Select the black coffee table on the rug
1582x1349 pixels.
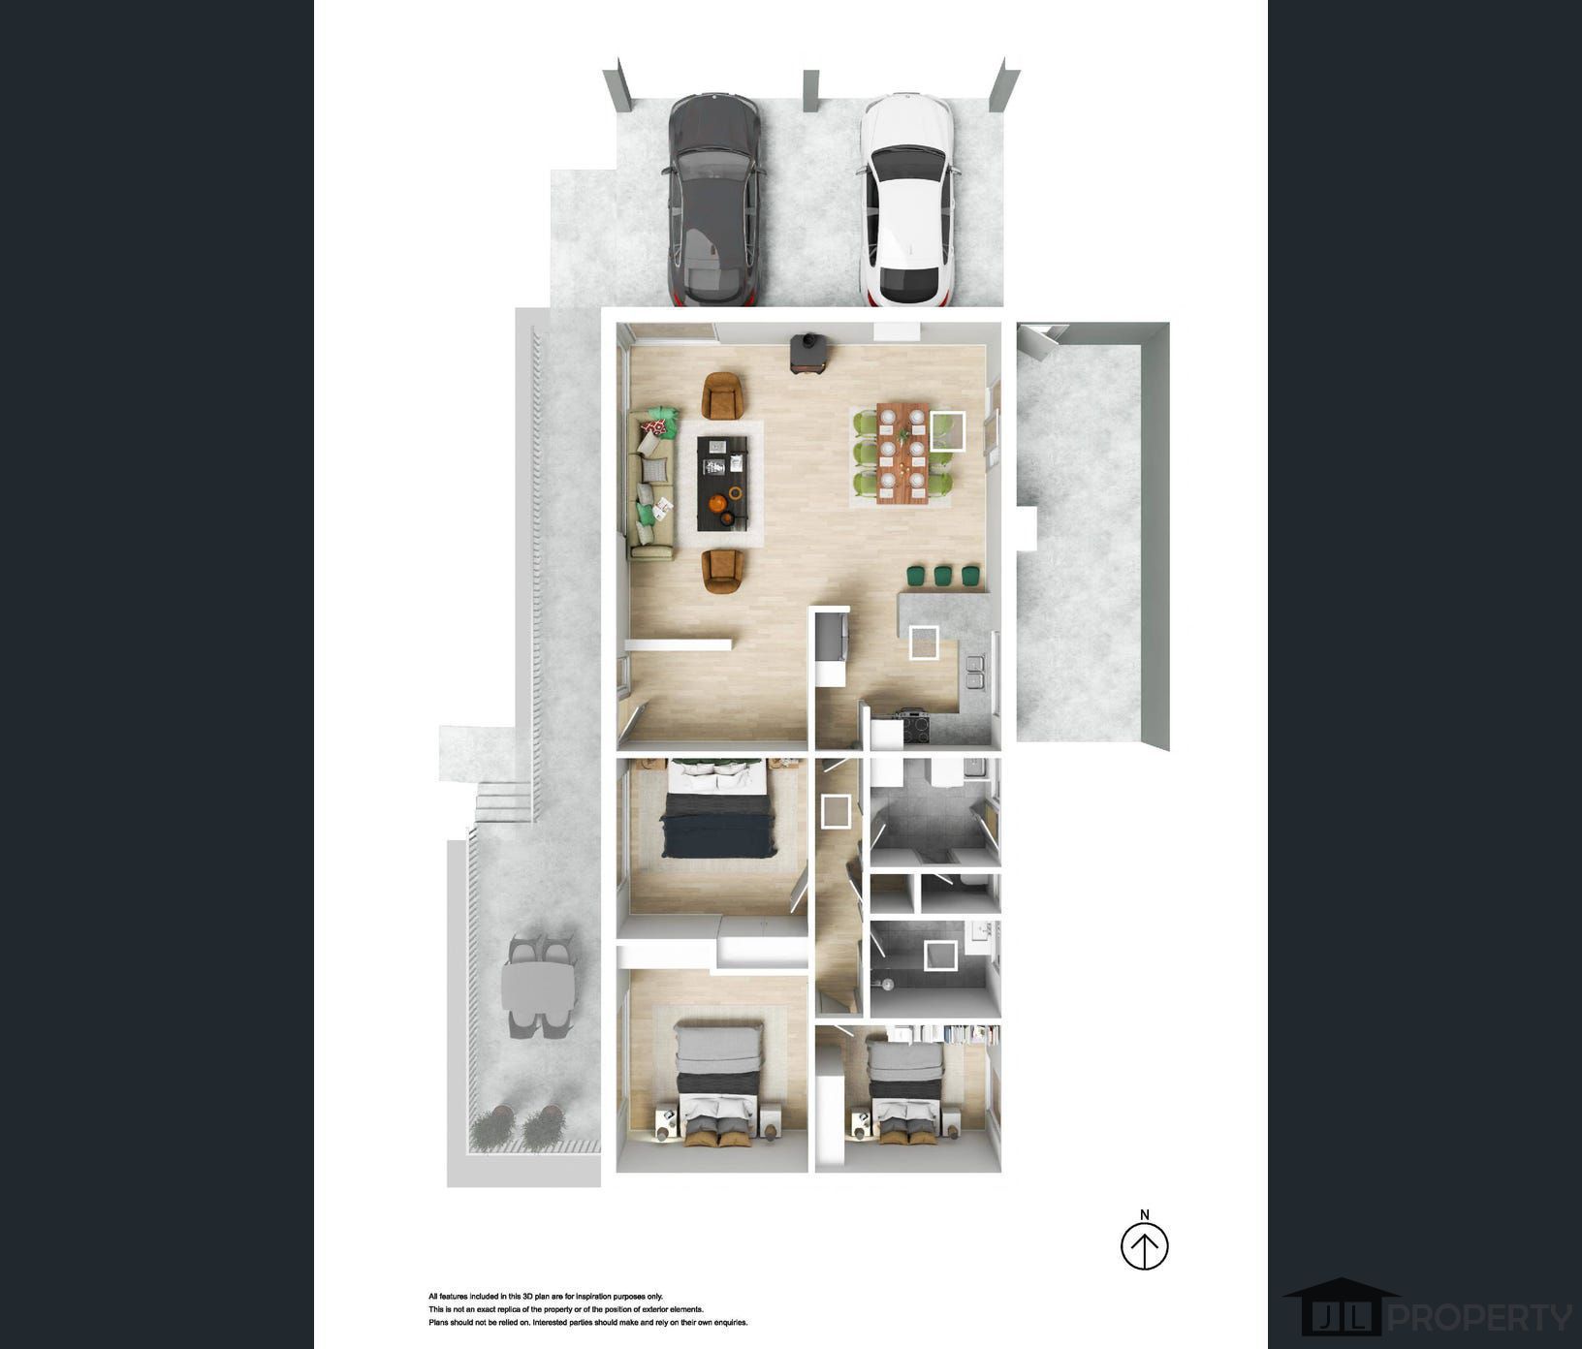point(723,483)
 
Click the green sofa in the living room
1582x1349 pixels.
point(652,484)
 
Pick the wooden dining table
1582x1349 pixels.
point(902,453)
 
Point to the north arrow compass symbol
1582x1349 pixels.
point(1145,1245)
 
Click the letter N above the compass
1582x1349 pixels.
point(1145,1214)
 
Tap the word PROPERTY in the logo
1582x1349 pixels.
point(1482,1317)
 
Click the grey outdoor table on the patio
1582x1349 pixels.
point(538,987)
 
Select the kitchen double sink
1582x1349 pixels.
point(974,672)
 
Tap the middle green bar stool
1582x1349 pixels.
point(943,576)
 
